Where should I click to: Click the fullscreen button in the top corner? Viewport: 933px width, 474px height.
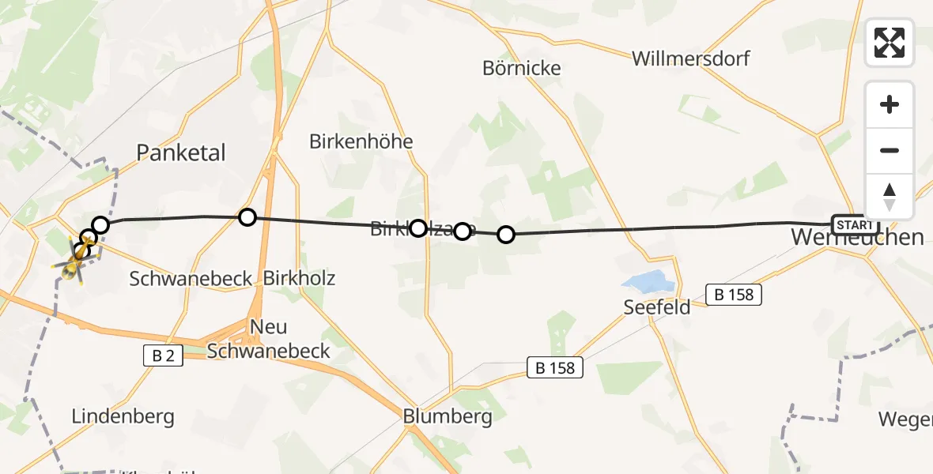(x=890, y=43)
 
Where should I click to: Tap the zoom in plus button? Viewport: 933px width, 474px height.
(x=890, y=105)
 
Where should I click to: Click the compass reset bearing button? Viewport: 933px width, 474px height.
(x=890, y=197)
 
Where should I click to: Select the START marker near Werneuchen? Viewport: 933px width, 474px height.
(x=855, y=224)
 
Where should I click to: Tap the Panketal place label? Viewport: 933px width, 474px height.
(x=181, y=152)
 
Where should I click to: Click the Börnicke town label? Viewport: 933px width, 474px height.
(x=522, y=69)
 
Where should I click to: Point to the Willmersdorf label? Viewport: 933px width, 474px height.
(x=691, y=58)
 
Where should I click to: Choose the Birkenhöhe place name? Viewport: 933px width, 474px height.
(x=361, y=142)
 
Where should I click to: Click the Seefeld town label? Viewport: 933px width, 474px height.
(x=657, y=307)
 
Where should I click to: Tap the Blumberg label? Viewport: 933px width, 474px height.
(x=448, y=416)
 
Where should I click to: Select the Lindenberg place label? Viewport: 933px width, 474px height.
(x=123, y=416)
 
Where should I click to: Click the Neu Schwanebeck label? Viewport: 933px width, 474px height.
(x=268, y=339)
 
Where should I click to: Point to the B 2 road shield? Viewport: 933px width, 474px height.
(x=163, y=356)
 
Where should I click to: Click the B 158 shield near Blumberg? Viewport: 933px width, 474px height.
(x=556, y=367)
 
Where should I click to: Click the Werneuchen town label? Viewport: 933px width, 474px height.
(x=857, y=237)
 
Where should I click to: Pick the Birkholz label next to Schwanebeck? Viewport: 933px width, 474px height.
(x=299, y=278)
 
